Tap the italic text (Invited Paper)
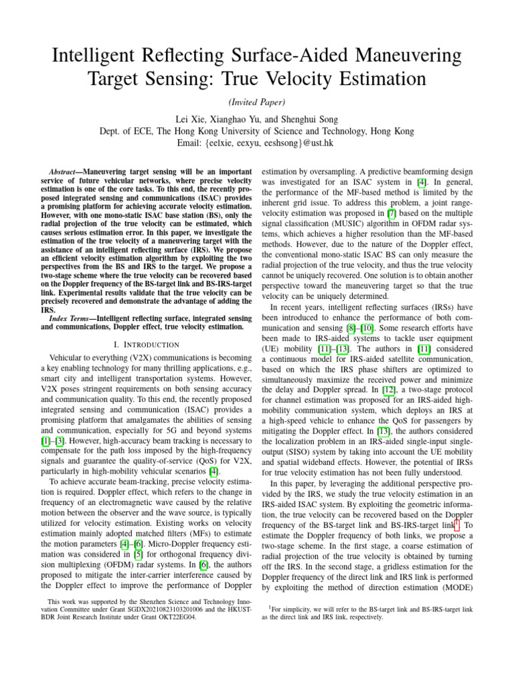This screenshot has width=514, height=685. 256,102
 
